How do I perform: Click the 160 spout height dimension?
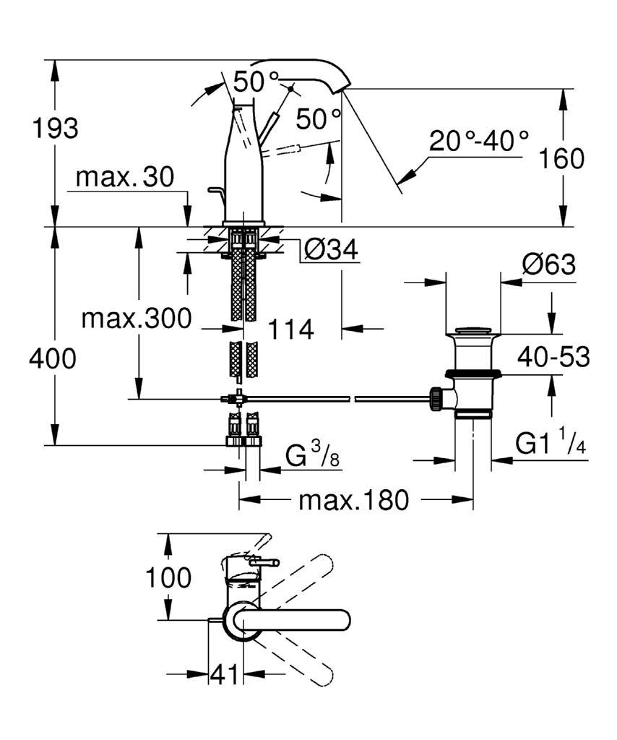[562, 158]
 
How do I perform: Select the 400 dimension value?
[52, 358]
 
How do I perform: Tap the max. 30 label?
[125, 177]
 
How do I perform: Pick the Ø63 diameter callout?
[548, 265]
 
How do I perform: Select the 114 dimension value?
[291, 330]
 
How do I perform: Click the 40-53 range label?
[553, 356]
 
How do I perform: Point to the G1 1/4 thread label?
[550, 443]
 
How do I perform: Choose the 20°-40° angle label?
[478, 139]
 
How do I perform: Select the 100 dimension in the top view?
[168, 577]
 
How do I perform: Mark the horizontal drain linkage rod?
[340, 397]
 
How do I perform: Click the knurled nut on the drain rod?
[436, 397]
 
